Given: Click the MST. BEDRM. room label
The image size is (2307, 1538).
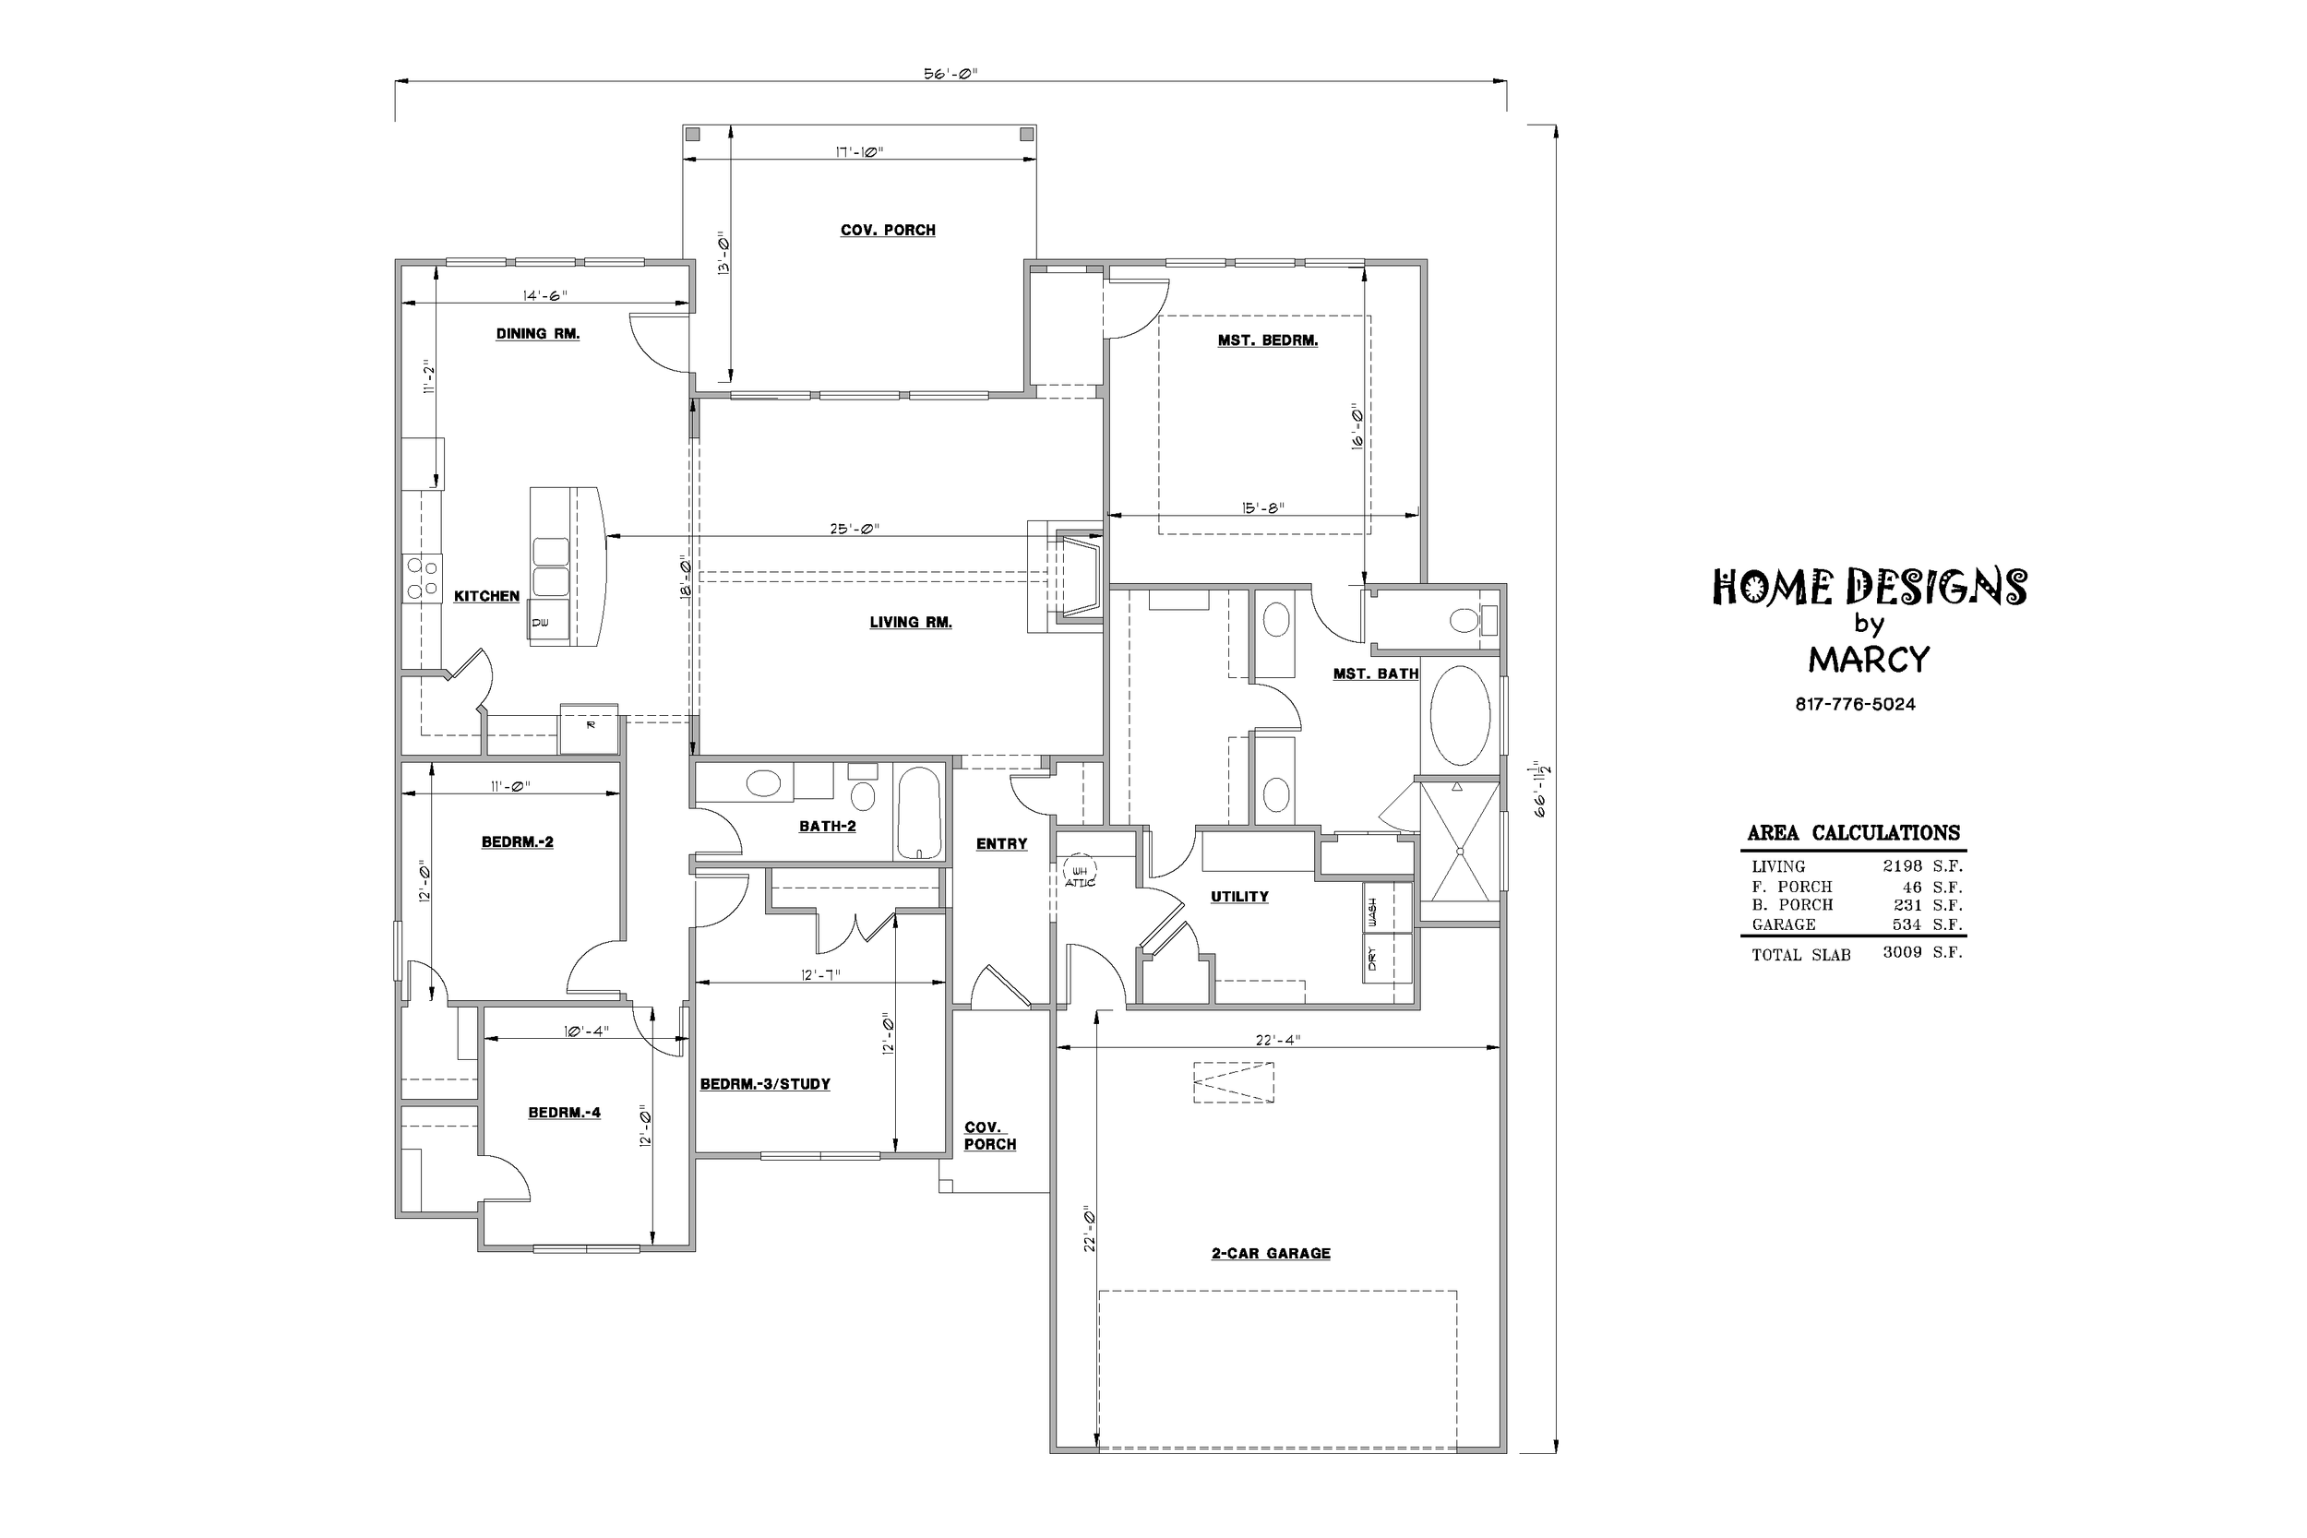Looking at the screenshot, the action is click(1267, 341).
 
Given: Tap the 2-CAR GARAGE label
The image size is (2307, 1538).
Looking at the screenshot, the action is click(1272, 1254).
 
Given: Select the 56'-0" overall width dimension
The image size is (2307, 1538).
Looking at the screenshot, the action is click(950, 74).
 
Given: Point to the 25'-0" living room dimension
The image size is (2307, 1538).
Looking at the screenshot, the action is click(855, 529).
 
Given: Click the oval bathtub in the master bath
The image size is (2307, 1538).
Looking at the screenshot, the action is click(1460, 716).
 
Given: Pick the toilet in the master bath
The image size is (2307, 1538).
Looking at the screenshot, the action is click(1472, 620).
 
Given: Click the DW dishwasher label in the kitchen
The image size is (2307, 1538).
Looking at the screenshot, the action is click(541, 623).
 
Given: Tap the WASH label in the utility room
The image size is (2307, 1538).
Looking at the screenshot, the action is click(1371, 913).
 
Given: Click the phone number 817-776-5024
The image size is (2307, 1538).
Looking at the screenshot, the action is click(1855, 704).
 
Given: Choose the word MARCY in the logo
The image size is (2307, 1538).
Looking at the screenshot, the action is click(1869, 660).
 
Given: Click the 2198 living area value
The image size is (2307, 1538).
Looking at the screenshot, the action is click(1902, 866).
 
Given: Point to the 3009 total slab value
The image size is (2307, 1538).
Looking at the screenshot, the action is click(1902, 952).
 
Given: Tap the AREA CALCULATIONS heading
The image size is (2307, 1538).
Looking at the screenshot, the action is click(1853, 834).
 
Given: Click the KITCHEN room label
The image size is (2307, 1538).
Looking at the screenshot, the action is click(486, 596).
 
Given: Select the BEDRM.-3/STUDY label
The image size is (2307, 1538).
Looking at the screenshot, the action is click(765, 1084).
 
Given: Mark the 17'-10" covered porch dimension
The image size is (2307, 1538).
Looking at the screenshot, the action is click(859, 152).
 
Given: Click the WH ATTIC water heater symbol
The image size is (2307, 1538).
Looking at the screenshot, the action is click(1079, 870).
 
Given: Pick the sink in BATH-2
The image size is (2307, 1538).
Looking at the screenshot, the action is click(763, 783).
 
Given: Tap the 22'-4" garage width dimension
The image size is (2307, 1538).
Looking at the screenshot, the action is click(1277, 1041).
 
